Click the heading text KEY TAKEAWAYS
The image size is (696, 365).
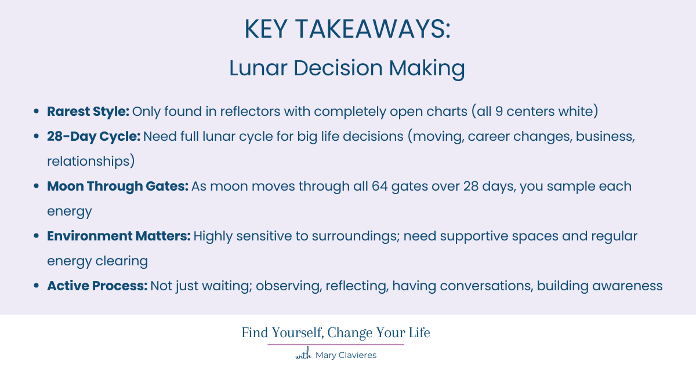point(347,29)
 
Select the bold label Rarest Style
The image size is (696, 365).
point(88,111)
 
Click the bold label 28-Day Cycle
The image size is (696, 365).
point(93,136)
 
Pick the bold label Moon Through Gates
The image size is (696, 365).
point(117,186)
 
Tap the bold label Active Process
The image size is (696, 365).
point(97,286)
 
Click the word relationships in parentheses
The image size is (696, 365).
point(90,161)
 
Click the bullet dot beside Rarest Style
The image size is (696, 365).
point(37,112)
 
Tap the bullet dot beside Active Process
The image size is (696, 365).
point(37,286)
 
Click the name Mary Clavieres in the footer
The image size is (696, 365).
point(346,355)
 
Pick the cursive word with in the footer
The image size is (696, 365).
point(303,355)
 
